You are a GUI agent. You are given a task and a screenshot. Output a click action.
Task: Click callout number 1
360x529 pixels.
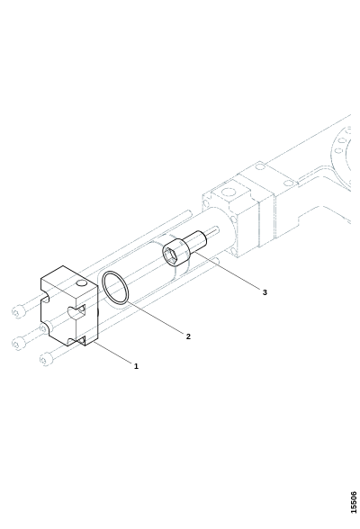pyautogui.click(x=136, y=366)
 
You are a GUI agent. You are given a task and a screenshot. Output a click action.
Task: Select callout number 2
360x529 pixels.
pyautogui.click(x=188, y=336)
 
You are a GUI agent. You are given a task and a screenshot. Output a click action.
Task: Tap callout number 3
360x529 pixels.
pyautogui.click(x=265, y=292)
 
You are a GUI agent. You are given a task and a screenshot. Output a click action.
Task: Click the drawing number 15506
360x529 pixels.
pyautogui.click(x=354, y=503)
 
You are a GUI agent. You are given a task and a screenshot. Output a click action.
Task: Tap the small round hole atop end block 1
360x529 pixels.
pyautogui.click(x=81, y=283)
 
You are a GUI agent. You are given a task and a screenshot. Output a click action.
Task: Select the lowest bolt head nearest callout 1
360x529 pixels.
pyautogui.click(x=46, y=359)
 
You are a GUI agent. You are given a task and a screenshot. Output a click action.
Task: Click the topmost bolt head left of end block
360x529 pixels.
pyautogui.click(x=18, y=311)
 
